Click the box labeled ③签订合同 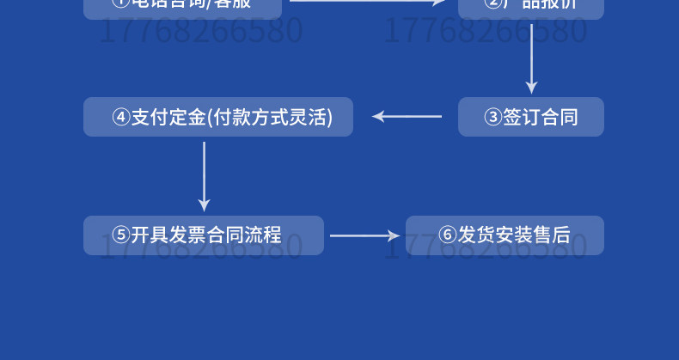[x=530, y=117]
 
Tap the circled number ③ [x=492, y=118]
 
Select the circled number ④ [x=121, y=118]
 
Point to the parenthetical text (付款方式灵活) [x=269, y=118]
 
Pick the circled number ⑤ [x=121, y=235]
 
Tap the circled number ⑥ [x=447, y=235]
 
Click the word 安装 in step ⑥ [x=514, y=235]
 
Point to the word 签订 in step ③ [x=522, y=118]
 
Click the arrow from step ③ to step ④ [x=407, y=116]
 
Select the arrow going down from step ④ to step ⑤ [x=204, y=175]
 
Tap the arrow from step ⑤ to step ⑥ [x=365, y=235]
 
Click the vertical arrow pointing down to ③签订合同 [x=531, y=58]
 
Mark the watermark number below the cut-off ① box [x=202, y=32]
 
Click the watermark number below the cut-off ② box [x=485, y=32]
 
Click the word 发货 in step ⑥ [x=476, y=235]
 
